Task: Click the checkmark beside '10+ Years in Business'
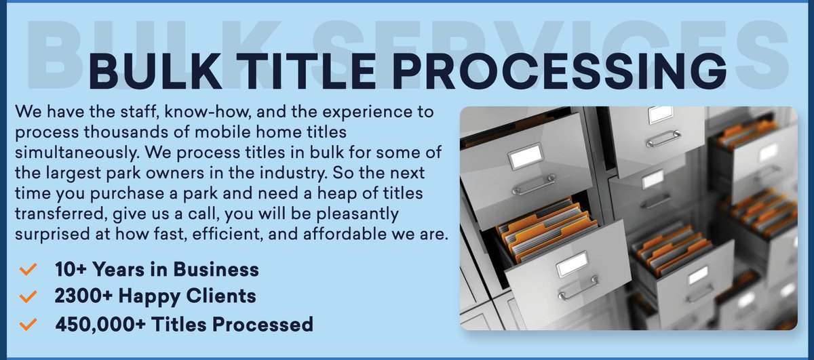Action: click(x=28, y=270)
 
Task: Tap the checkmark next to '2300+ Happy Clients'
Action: click(x=28, y=296)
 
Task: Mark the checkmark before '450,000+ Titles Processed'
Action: click(x=28, y=323)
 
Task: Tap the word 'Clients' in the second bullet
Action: click(x=223, y=296)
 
